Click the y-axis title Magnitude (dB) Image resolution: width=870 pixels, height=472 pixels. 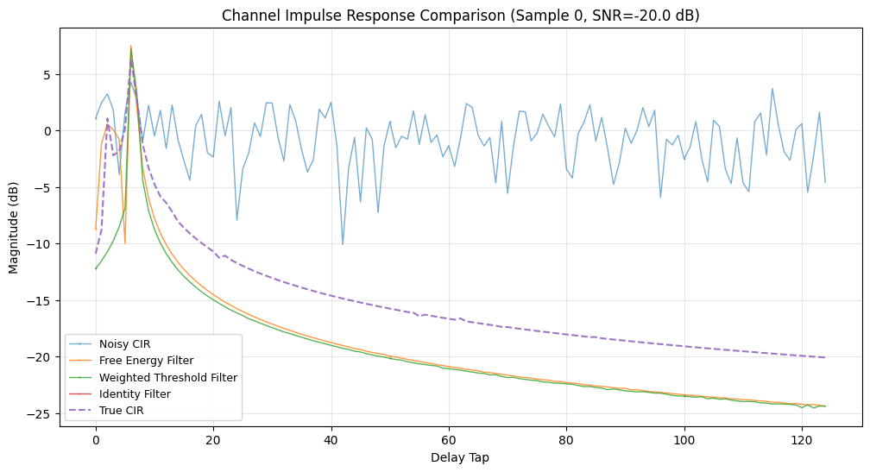[14, 226]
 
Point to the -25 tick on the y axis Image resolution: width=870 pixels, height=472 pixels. [45, 414]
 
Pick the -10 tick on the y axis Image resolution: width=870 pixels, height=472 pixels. [45, 244]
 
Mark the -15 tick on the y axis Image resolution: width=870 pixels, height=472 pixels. [45, 301]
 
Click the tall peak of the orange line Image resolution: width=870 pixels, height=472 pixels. [131, 47]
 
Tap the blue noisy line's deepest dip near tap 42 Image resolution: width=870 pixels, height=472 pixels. [343, 244]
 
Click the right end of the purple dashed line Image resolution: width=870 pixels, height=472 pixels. [825, 357]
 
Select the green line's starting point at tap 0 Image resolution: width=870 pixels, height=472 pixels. [96, 268]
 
